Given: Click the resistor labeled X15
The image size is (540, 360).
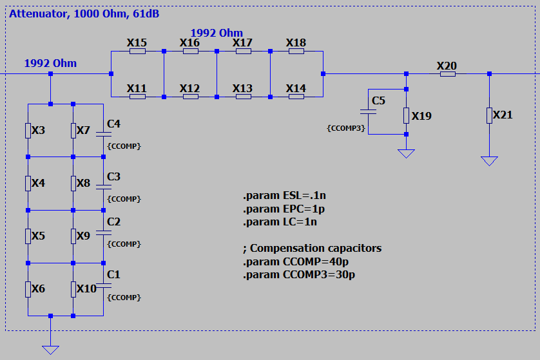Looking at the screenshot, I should tap(137, 51).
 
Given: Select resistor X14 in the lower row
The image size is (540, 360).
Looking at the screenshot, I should tap(296, 97).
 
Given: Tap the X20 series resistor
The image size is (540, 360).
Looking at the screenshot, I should tap(448, 74).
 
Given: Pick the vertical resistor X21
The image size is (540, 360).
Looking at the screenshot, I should tap(489, 115).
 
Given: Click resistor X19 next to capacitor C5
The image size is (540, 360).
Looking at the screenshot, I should tap(406, 115).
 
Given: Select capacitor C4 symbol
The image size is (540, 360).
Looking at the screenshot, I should tap(103, 134).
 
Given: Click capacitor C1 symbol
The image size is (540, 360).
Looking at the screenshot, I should tap(103, 285).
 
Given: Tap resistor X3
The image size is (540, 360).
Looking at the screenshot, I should tap(28, 131).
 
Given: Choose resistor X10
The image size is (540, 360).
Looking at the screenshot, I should tap(73, 289).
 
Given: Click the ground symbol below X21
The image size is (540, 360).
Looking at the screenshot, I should tap(489, 160).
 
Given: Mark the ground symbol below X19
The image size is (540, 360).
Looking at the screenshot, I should tap(406, 153).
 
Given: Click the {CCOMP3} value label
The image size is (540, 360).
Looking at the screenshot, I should tap(347, 128).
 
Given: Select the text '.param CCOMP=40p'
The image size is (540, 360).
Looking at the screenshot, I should tap(299, 261).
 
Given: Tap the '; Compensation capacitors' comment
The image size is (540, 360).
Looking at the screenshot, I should tap(312, 248).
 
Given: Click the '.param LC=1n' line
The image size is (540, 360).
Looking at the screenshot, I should tap(280, 222).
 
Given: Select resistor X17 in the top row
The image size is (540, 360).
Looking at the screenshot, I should tap(243, 51).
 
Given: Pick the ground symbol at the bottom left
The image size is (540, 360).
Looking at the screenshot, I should tap(50, 349).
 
